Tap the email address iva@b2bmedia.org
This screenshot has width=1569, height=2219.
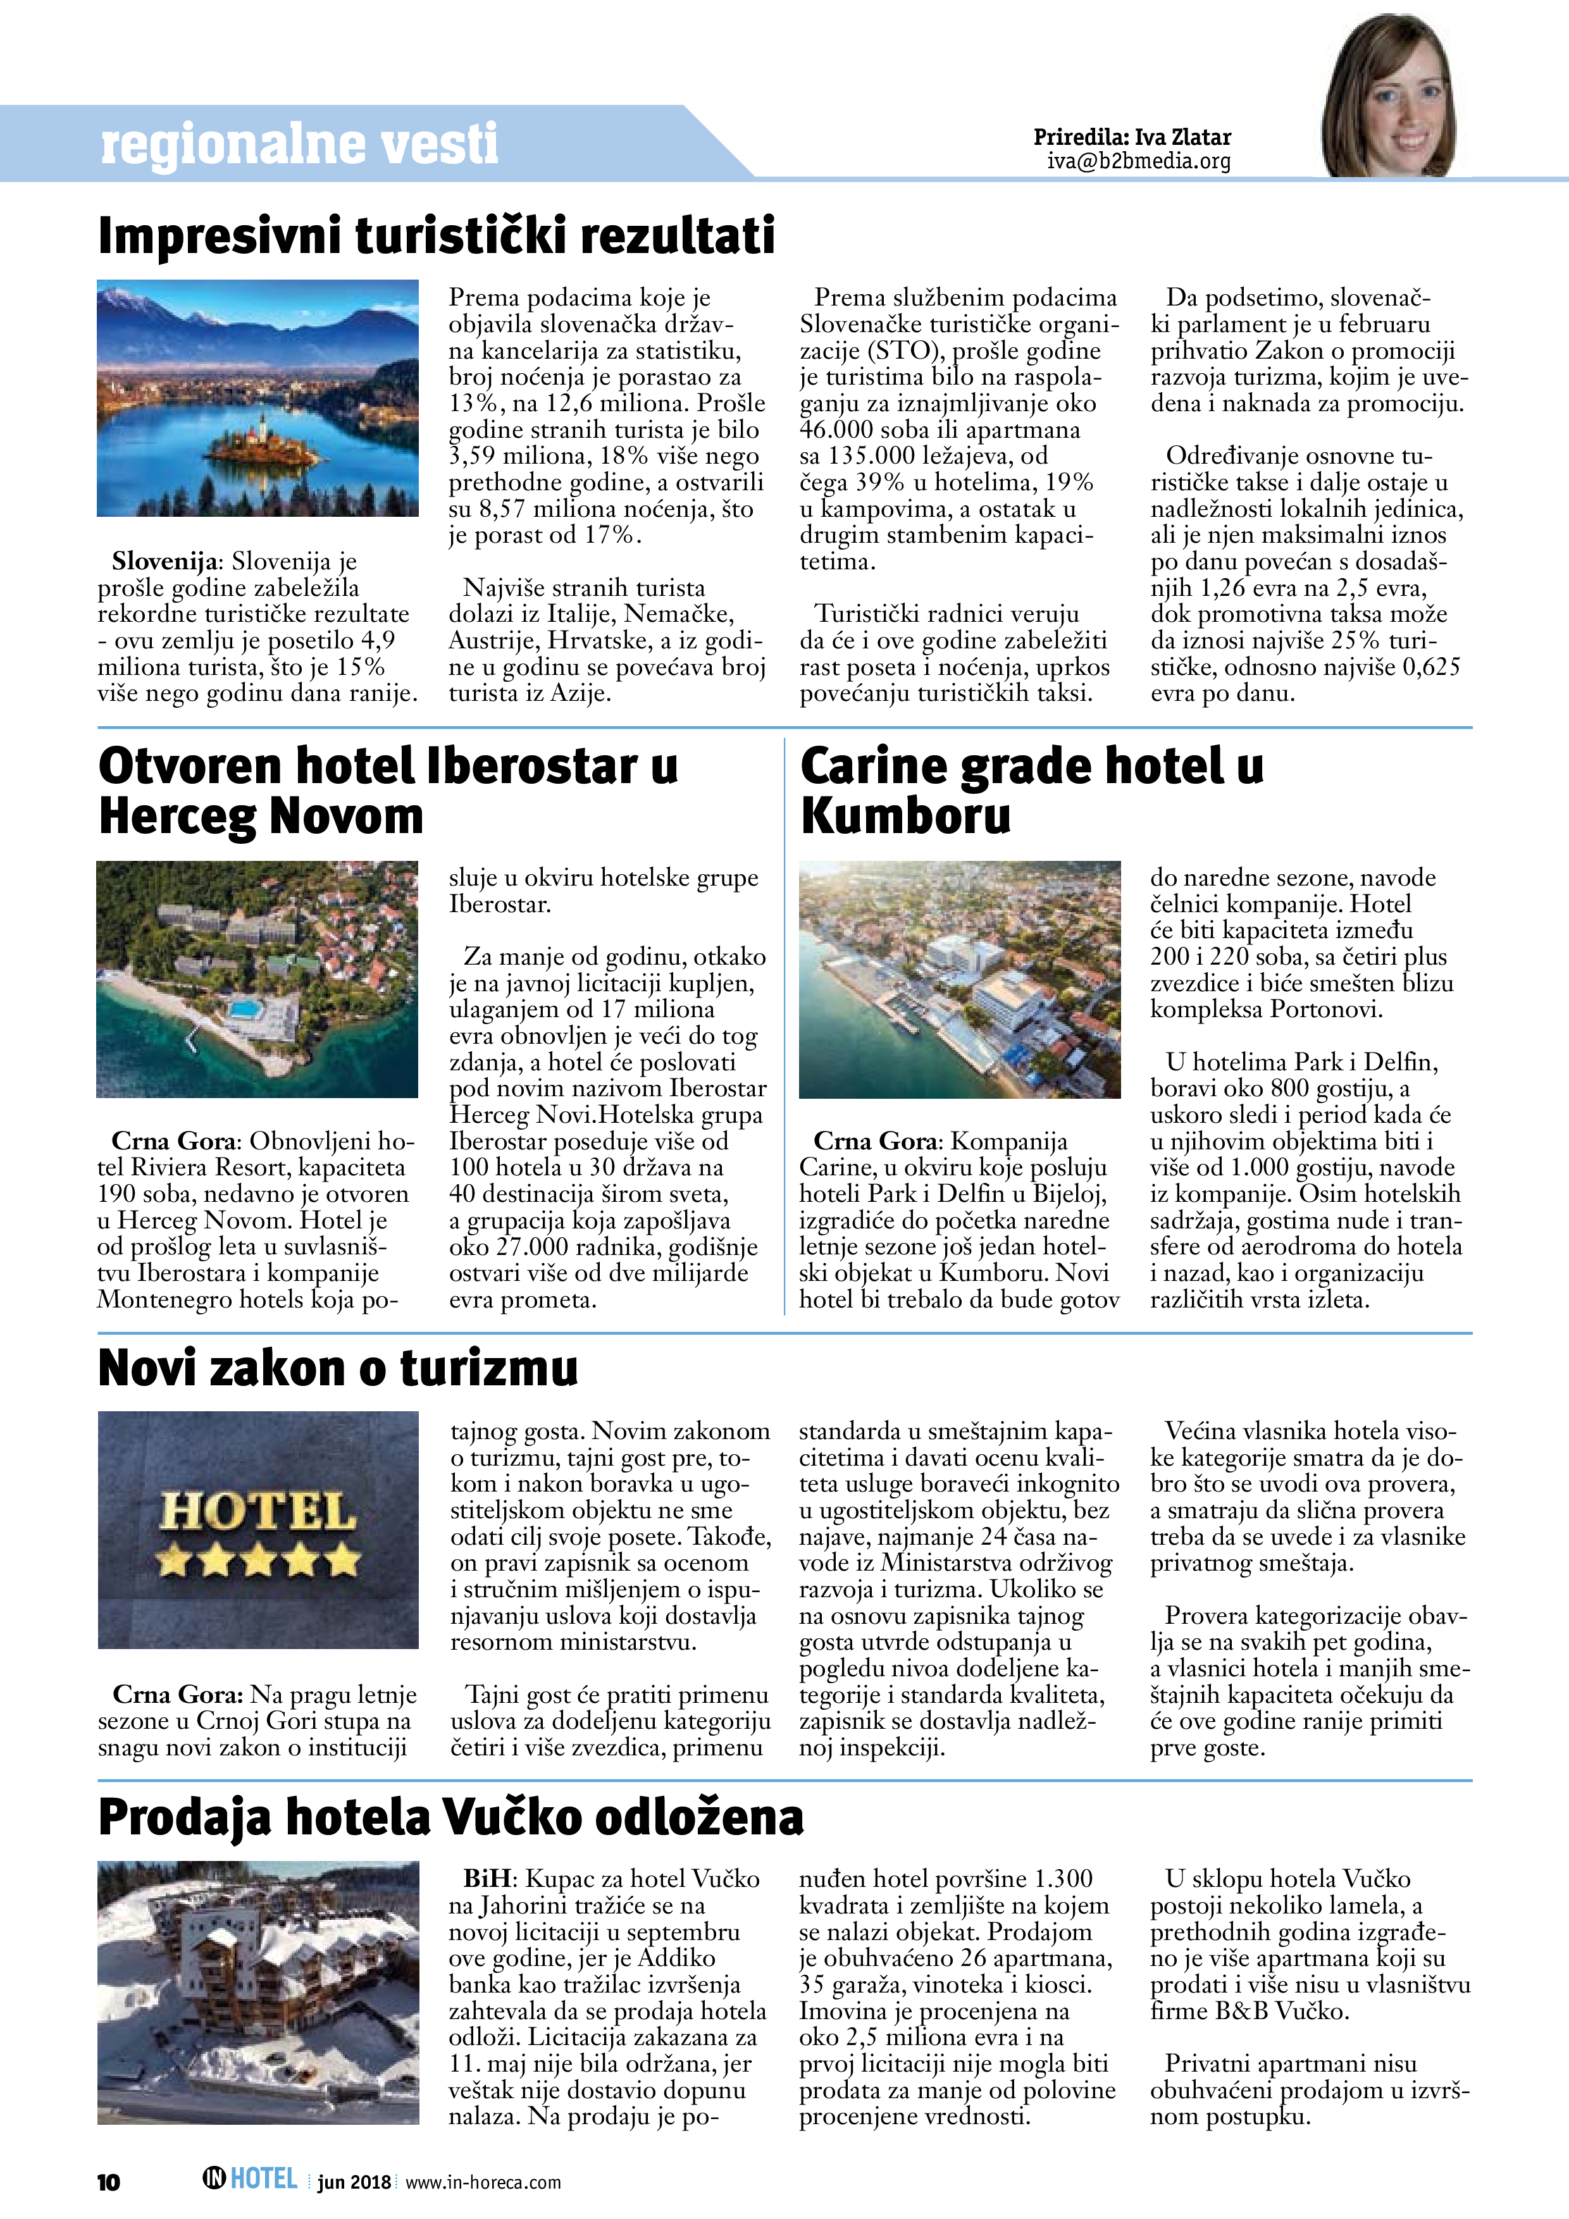pyautogui.click(x=1139, y=161)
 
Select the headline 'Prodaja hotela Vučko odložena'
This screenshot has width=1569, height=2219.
pyautogui.click(x=450, y=1817)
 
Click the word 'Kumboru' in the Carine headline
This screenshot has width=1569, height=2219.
pyautogui.click(x=906, y=816)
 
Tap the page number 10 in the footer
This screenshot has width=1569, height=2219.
pyautogui.click(x=108, y=2181)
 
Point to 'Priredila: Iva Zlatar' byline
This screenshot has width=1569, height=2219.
pyautogui.click(x=1132, y=137)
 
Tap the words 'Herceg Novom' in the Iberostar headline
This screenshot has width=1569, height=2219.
pyautogui.click(x=261, y=816)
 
